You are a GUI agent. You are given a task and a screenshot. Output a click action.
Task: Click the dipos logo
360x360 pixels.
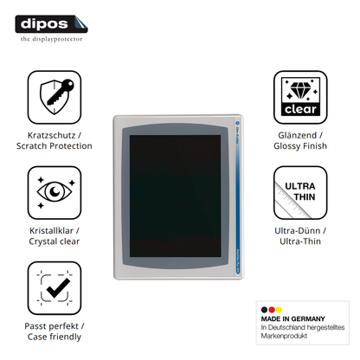coord(51,24)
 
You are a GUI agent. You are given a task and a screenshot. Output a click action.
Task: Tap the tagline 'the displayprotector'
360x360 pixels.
coord(51,39)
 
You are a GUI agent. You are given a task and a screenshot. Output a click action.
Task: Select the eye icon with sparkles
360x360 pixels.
coord(55,192)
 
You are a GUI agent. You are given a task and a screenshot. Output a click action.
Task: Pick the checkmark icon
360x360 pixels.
coord(55,288)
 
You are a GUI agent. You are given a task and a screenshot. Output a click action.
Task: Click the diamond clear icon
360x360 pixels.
coord(300,97)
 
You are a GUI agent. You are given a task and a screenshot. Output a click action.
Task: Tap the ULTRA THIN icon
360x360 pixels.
coord(300,192)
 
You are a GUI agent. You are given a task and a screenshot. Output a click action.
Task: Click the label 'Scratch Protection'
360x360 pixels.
coord(55,146)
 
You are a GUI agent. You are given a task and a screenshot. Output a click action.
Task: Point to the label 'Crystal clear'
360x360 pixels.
coord(55,241)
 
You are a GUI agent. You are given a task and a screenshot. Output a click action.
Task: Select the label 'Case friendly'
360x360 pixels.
coord(55,337)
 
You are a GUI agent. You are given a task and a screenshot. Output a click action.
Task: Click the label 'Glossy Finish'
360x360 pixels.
coord(300,146)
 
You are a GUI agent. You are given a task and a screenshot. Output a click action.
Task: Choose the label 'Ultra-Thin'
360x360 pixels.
coord(300,241)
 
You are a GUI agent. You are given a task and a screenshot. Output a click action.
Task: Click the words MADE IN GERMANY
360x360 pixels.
coord(292,318)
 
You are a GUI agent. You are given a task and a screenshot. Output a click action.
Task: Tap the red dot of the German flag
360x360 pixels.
coord(272,310)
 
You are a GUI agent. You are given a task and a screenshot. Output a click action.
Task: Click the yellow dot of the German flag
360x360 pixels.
coord(279,310)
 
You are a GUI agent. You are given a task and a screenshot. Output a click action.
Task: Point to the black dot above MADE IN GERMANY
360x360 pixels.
coord(264,310)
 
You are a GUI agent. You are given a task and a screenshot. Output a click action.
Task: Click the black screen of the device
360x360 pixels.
coord(175,196)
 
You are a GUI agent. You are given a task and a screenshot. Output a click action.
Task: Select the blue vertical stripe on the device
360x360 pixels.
coord(238,196)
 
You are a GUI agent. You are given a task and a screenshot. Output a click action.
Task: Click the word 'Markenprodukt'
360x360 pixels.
coord(284,336)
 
